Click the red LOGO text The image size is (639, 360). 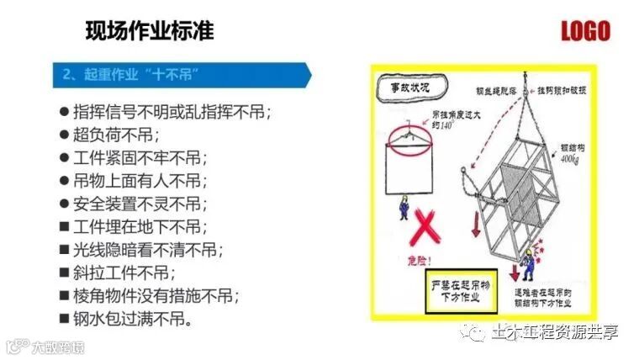point(585,32)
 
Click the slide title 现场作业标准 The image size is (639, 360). point(150,32)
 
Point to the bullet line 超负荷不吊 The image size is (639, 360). point(117,134)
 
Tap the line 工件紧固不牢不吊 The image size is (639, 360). point(139,157)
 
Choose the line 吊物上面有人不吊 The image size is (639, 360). point(139,180)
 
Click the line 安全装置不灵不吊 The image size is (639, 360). point(139,204)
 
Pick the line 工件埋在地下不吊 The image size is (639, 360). point(139,226)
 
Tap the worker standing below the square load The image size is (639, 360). point(404,208)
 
